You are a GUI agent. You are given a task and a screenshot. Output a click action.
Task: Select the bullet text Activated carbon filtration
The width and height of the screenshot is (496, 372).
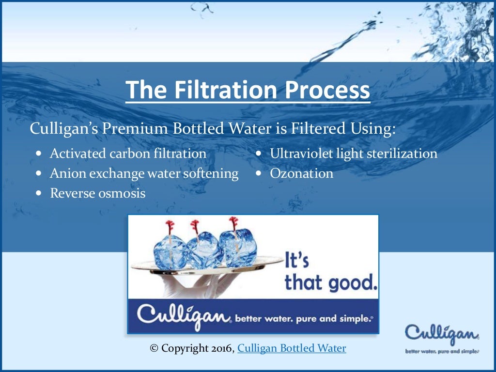128,154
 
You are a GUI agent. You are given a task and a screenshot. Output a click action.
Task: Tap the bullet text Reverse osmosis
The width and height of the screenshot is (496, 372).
97,193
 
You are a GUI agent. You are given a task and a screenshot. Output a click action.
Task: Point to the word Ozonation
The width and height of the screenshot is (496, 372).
301,173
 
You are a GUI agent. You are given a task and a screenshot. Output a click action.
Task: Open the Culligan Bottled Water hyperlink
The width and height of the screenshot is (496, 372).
292,348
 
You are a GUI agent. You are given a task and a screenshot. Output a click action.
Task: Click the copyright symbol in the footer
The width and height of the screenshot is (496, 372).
154,348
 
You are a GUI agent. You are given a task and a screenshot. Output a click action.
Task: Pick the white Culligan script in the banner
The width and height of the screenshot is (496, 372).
183,316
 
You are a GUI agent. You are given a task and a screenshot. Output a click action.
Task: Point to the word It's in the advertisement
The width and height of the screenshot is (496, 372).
297,262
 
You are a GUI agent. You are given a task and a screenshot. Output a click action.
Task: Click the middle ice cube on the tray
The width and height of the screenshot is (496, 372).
200,251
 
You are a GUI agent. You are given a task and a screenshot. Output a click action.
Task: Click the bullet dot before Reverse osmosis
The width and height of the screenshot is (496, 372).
39,193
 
